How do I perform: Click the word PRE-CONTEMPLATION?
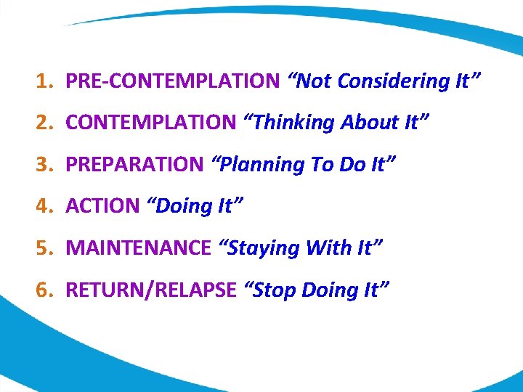coord(172,81)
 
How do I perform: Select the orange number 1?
coord(43,81)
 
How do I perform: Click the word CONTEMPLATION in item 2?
coord(151,123)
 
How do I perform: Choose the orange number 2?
coord(43,123)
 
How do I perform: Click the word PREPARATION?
coord(134,165)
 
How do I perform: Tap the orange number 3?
coord(43,165)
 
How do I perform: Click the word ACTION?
coord(102,206)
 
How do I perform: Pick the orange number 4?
coord(43,206)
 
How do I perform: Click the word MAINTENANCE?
coord(138,248)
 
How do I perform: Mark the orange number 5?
coord(43,248)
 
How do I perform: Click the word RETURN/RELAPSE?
coord(151,290)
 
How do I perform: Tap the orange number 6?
coord(43,290)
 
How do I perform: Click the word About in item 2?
coord(370,123)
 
